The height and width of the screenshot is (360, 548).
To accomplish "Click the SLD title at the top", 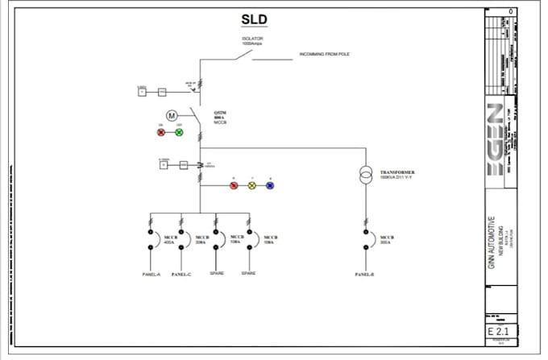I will coord(254,19).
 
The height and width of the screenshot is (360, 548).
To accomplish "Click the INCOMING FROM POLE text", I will coord(324,55).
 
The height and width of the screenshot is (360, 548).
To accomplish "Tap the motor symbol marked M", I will coord(171,116).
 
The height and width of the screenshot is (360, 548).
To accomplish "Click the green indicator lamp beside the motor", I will coord(179,131).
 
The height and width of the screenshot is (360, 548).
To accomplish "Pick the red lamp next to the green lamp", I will coord(160,131).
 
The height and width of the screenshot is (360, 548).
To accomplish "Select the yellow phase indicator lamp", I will coord(251,185).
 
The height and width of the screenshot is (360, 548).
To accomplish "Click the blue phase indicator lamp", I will coord(270,185).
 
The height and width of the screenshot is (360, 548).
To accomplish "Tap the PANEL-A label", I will coord(152,274).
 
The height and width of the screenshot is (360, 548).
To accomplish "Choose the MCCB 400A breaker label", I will coord(170,239).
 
